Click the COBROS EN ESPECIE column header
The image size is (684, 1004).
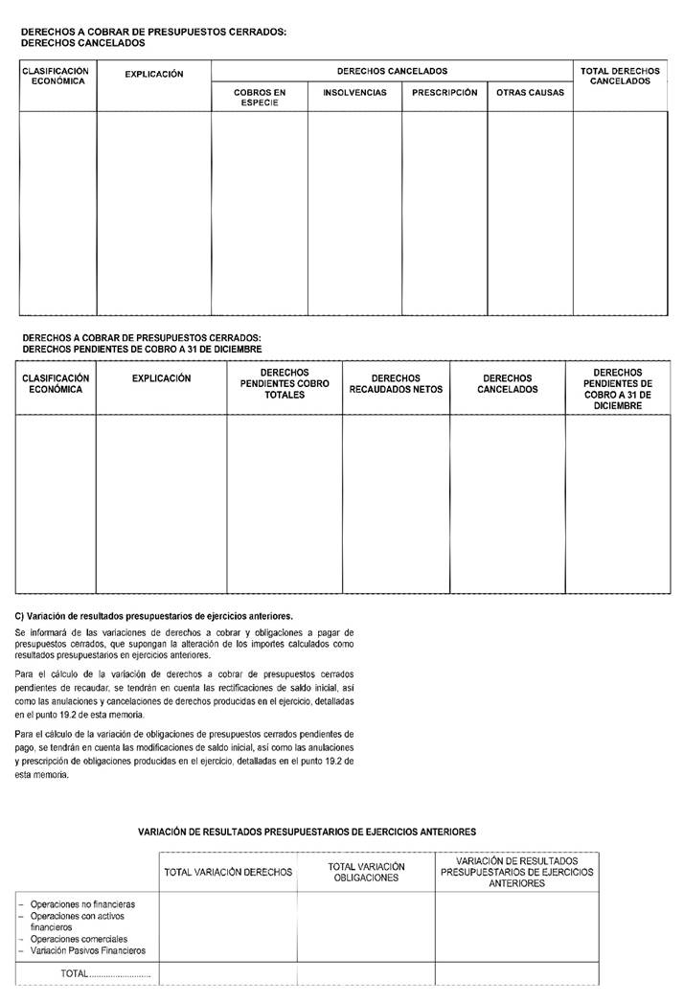coord(260,98)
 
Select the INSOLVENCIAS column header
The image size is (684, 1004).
coord(354,93)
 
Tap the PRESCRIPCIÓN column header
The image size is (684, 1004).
coord(445,93)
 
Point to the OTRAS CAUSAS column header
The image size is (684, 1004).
coord(530,93)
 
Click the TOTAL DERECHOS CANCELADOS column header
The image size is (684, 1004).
coord(620,76)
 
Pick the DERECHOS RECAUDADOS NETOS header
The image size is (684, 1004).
coord(396,383)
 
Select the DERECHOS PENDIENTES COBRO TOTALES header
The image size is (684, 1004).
coord(284,383)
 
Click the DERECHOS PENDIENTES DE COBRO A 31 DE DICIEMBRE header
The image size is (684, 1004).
coord(617,389)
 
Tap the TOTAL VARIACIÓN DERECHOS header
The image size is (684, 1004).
coord(228,873)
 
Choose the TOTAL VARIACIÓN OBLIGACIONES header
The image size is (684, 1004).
coord(366,872)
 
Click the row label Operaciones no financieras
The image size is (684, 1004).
coord(82,903)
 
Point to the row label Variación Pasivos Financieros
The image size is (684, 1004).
coord(88,950)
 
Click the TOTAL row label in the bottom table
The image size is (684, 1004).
coord(75,973)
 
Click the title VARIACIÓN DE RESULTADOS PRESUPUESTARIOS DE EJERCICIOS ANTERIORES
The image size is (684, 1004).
coord(307,833)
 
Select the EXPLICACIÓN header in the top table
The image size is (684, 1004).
coord(153,74)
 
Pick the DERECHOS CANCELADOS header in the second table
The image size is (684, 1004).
coord(507,383)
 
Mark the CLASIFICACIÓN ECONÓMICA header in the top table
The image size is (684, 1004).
coord(56,76)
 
